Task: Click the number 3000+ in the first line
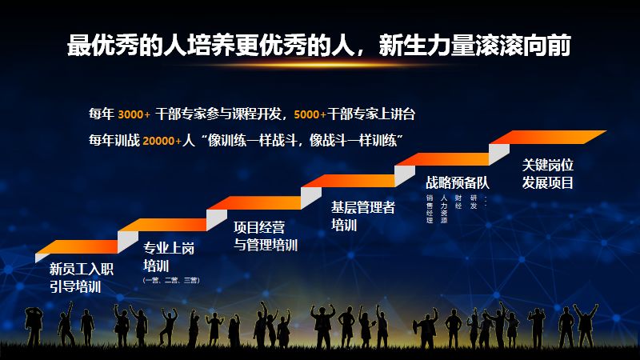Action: pos(134,114)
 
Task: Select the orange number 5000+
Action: pos(310,114)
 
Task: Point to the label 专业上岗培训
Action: pos(168,257)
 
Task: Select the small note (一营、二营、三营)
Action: pos(170,281)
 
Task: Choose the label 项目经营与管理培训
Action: pos(265,236)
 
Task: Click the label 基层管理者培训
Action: pos(363,216)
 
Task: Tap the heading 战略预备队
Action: pos(457,182)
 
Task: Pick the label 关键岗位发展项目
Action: pos(548,172)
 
